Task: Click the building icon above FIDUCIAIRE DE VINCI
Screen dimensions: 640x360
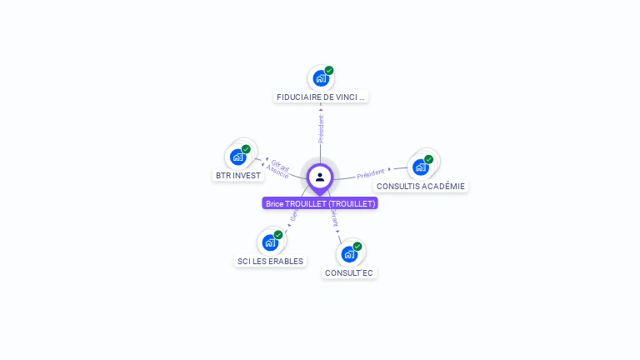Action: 320,79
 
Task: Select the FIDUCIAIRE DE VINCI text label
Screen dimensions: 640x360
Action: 321,97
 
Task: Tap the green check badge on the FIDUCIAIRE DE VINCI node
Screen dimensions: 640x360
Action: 329,71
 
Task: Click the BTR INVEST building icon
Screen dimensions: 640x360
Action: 238,157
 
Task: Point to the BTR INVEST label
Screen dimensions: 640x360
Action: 238,175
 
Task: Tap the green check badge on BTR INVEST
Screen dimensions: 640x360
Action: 246,149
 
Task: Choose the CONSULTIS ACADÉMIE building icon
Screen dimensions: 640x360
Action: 421,167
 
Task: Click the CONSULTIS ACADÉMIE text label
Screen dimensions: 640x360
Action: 421,186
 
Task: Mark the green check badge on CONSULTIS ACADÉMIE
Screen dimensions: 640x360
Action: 428,159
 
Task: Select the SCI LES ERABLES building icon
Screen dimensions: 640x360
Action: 270,242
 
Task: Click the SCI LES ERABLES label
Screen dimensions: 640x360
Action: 270,261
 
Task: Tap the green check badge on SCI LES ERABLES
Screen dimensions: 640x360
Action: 278,235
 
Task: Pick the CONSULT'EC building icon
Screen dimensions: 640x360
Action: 349,254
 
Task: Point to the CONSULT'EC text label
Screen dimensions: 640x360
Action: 349,272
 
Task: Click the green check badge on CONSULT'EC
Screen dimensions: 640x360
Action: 357,247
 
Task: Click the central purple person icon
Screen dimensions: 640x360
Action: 320,177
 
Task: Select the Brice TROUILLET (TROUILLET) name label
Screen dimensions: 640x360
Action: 320,203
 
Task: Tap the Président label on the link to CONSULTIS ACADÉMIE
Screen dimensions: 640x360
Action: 371,174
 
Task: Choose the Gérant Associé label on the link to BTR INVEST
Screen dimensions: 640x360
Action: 277,169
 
